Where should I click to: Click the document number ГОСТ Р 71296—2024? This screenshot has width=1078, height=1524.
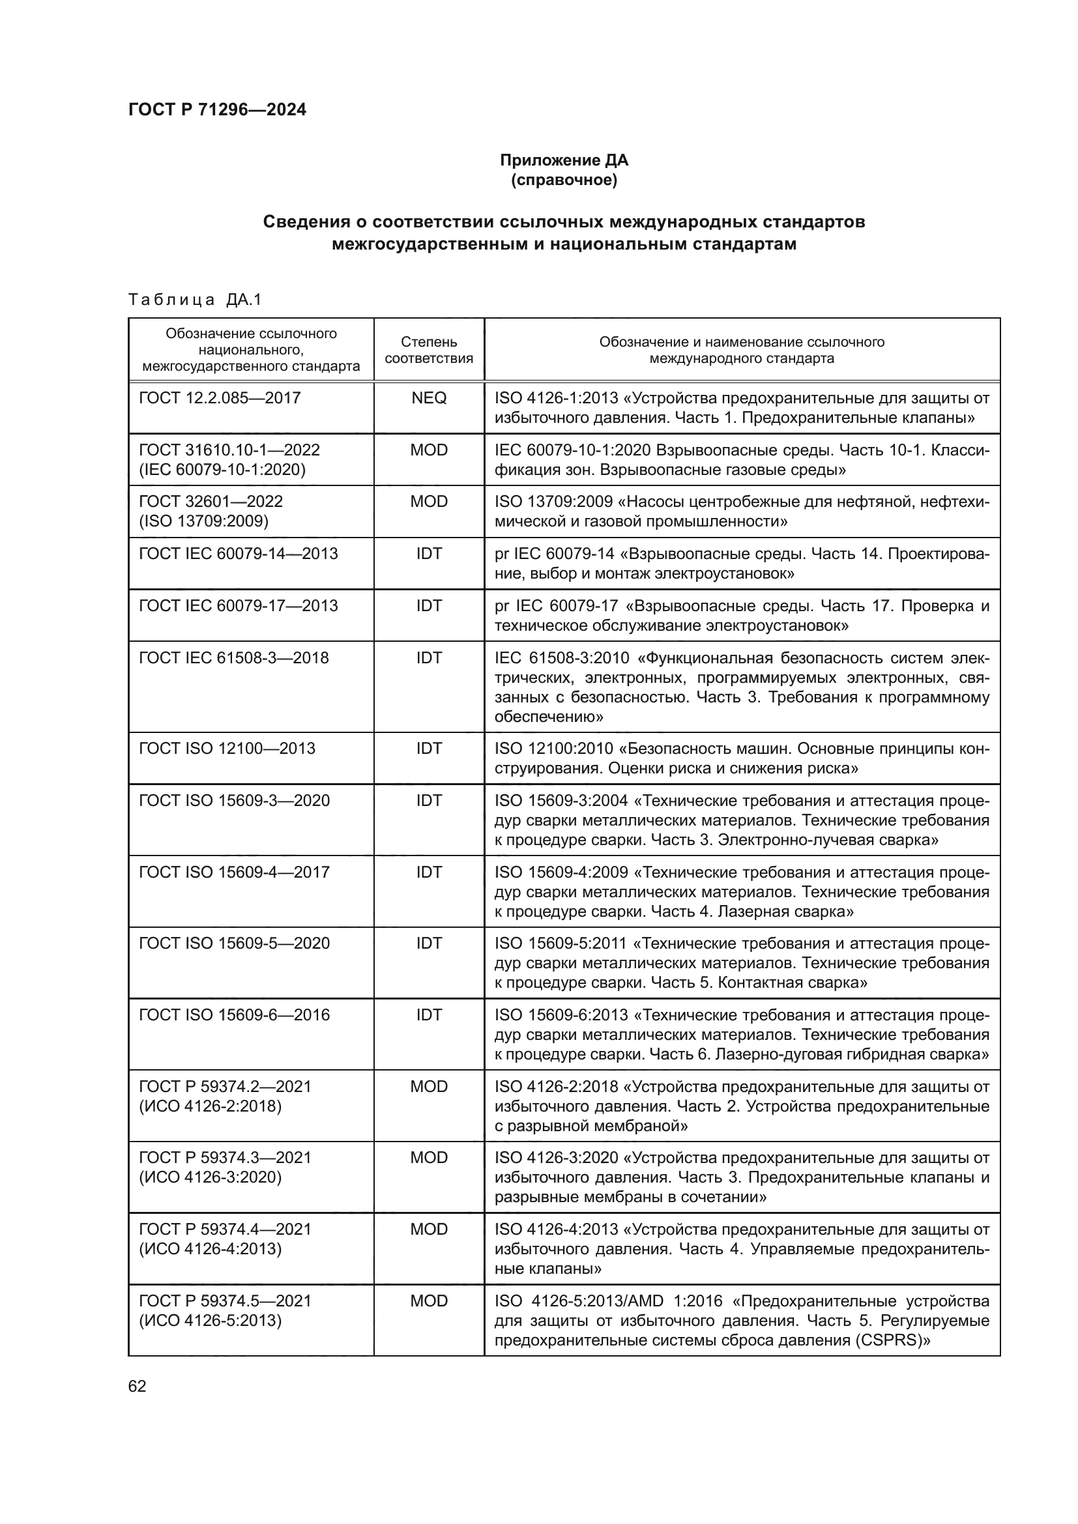pos(217,109)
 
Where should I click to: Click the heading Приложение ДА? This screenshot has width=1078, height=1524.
pos(564,160)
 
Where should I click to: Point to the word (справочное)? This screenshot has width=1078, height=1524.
pos(564,180)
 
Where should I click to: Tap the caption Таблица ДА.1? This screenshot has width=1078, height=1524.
pos(195,300)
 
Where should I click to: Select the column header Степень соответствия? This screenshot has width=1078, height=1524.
pos(429,350)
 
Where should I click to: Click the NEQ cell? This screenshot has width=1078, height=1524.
pos(429,397)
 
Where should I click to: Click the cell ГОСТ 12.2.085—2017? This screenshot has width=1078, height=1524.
pos(220,397)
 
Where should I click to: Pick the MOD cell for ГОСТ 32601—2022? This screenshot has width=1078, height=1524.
pos(429,501)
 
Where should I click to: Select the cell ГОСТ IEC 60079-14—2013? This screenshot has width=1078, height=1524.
pos(239,553)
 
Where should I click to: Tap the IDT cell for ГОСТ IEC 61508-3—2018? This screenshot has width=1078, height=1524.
pos(429,657)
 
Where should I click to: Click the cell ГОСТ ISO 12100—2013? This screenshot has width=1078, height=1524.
pos(227,748)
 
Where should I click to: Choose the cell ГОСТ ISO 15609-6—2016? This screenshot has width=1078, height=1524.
pos(235,1014)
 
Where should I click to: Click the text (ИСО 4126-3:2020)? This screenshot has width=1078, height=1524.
pos(211,1177)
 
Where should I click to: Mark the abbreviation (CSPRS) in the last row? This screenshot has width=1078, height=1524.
pos(892,1340)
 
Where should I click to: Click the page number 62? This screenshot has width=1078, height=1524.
pos(137,1386)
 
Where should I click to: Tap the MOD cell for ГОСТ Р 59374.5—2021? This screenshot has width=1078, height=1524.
pos(429,1301)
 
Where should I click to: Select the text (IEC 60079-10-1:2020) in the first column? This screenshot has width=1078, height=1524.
pos(222,469)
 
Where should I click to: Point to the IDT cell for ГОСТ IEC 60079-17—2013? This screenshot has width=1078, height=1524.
pos(429,605)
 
